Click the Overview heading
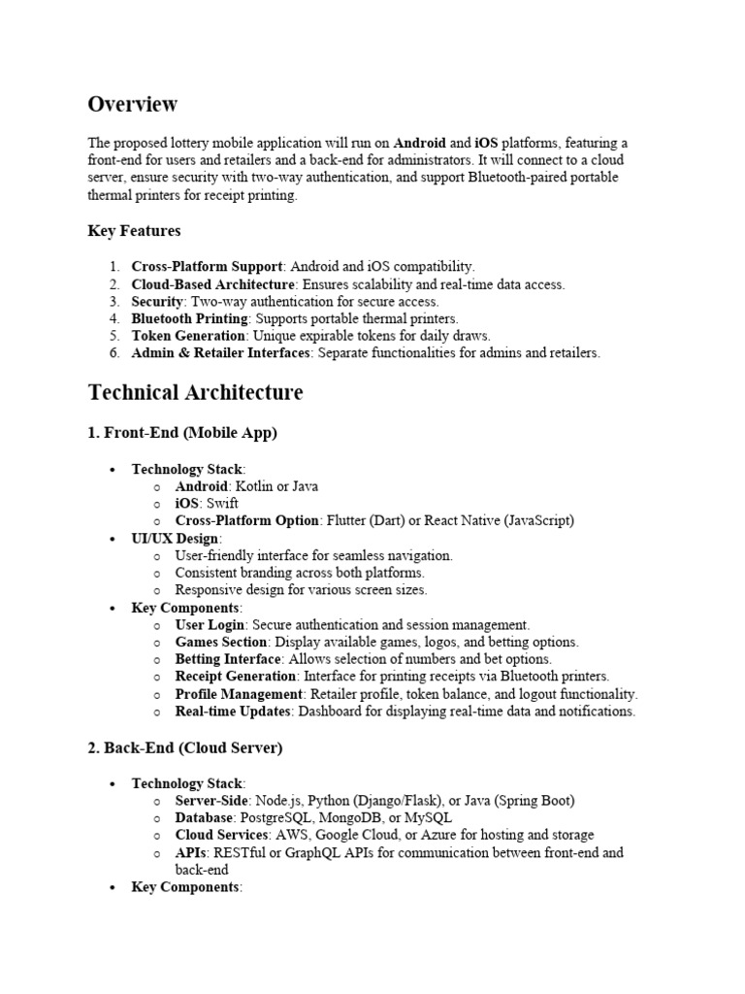[x=133, y=104]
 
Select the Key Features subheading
[x=134, y=231]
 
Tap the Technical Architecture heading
[x=195, y=392]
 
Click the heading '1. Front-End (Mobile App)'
[x=182, y=433]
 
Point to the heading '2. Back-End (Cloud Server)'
[x=185, y=747]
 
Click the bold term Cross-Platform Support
[x=206, y=266]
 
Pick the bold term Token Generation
[x=188, y=336]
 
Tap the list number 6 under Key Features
[x=113, y=353]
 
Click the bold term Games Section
[x=221, y=643]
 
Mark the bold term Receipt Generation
[x=236, y=677]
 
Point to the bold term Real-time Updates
[x=233, y=712]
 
